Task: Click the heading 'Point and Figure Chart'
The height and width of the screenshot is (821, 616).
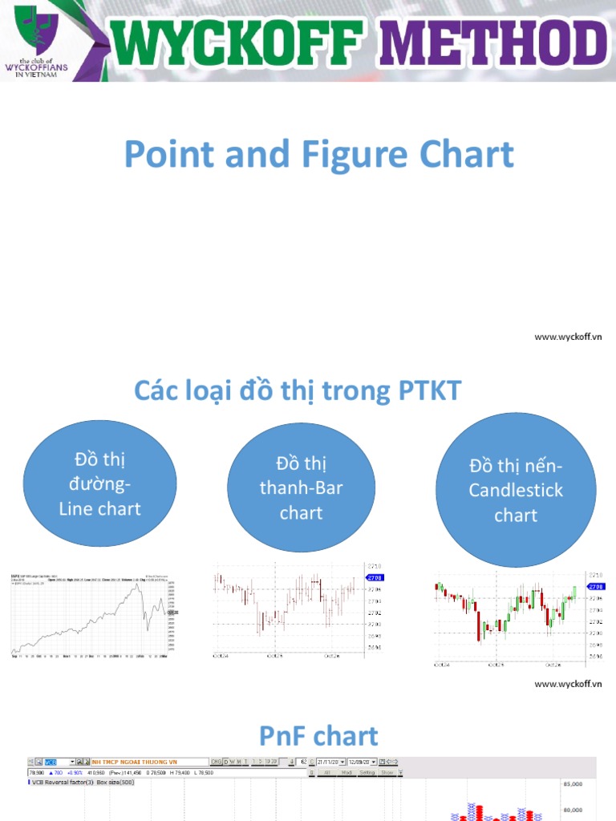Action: click(318, 154)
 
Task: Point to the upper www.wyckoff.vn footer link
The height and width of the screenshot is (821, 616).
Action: click(568, 337)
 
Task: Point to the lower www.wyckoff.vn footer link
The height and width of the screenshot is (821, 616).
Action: click(568, 684)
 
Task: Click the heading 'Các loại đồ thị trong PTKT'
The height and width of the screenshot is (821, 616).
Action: click(298, 391)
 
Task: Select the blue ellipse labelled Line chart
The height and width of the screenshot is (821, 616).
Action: click(100, 484)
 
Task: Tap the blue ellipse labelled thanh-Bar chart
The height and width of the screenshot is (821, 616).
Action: click(301, 487)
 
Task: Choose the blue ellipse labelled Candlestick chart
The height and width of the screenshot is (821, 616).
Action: click(516, 490)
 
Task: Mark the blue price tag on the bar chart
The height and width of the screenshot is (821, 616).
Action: click(375, 577)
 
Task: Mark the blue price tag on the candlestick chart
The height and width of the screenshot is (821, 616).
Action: click(592, 588)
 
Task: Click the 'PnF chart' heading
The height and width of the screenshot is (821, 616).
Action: click(318, 735)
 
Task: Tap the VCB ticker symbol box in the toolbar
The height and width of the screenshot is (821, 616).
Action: click(59, 762)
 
